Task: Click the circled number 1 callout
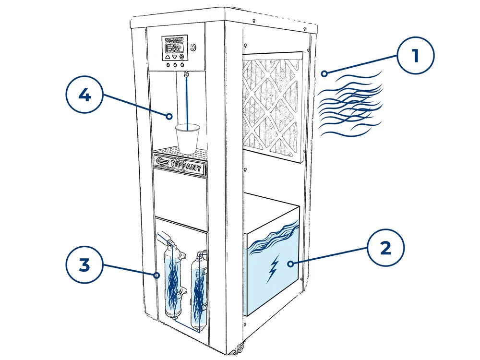pos(415,56)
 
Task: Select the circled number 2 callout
pos(385,248)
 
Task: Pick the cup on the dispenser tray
pos(187,136)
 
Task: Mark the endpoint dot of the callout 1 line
pos(325,73)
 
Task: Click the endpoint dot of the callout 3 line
pos(156,275)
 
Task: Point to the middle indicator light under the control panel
pos(175,65)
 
